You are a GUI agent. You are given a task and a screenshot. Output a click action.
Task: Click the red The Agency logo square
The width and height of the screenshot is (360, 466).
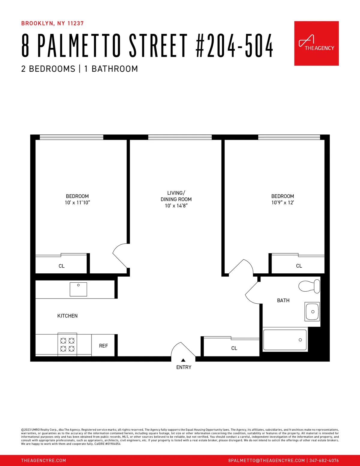[x=316, y=43]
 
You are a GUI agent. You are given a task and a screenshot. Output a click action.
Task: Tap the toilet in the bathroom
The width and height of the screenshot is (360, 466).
[x=309, y=286]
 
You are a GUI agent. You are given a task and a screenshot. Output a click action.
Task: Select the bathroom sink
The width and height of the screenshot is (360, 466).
[x=312, y=311]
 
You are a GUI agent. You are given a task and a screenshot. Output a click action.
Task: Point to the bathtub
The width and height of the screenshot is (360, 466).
[x=285, y=340]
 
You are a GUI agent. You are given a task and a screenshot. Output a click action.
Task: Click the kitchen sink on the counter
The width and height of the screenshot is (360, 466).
[x=78, y=289]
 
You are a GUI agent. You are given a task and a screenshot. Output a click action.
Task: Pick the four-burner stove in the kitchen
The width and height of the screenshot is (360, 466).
[x=67, y=344]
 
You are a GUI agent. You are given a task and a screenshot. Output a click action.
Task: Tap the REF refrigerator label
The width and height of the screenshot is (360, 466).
[x=103, y=346]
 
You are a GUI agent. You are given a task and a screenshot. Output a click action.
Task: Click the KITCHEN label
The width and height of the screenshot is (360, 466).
[x=67, y=316]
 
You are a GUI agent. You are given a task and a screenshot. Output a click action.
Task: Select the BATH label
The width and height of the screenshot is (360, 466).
[x=283, y=300]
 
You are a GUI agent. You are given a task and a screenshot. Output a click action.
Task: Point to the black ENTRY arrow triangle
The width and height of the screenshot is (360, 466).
[x=183, y=360]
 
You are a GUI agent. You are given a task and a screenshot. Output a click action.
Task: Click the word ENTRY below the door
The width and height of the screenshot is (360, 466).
[x=184, y=367]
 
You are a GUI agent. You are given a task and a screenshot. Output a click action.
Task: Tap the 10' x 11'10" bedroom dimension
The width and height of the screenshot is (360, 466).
[x=77, y=203]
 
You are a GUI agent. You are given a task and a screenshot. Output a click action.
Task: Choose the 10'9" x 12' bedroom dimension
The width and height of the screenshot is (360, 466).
[x=283, y=203]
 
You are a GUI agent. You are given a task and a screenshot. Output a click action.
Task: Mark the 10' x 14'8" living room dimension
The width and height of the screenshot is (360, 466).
[x=176, y=206]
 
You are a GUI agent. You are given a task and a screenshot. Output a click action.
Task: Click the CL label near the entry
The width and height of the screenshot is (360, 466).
[x=234, y=348]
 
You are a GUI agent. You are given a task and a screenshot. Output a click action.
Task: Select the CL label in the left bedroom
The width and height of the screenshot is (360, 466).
[x=61, y=266]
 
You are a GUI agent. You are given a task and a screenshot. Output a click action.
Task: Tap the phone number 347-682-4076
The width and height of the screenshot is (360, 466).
[x=324, y=460]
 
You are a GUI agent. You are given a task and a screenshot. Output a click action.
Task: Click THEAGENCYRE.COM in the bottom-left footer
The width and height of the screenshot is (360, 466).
[x=43, y=460]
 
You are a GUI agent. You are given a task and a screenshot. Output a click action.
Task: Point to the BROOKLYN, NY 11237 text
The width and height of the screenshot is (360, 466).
[x=52, y=23]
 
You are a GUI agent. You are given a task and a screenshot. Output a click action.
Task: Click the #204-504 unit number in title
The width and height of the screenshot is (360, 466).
[x=234, y=46]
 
